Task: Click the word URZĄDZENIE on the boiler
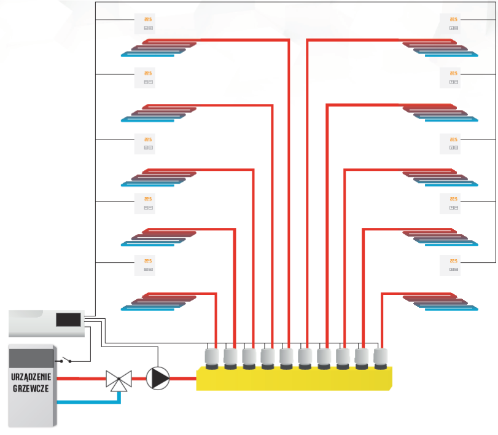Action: [x=31, y=376]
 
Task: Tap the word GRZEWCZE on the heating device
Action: [x=31, y=388]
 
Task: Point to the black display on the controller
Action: [x=68, y=319]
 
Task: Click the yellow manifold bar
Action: [x=294, y=378]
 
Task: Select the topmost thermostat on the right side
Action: [x=454, y=23]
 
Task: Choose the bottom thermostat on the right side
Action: [x=454, y=265]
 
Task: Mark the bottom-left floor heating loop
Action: [x=158, y=302]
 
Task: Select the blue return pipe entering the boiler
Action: [x=86, y=402]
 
